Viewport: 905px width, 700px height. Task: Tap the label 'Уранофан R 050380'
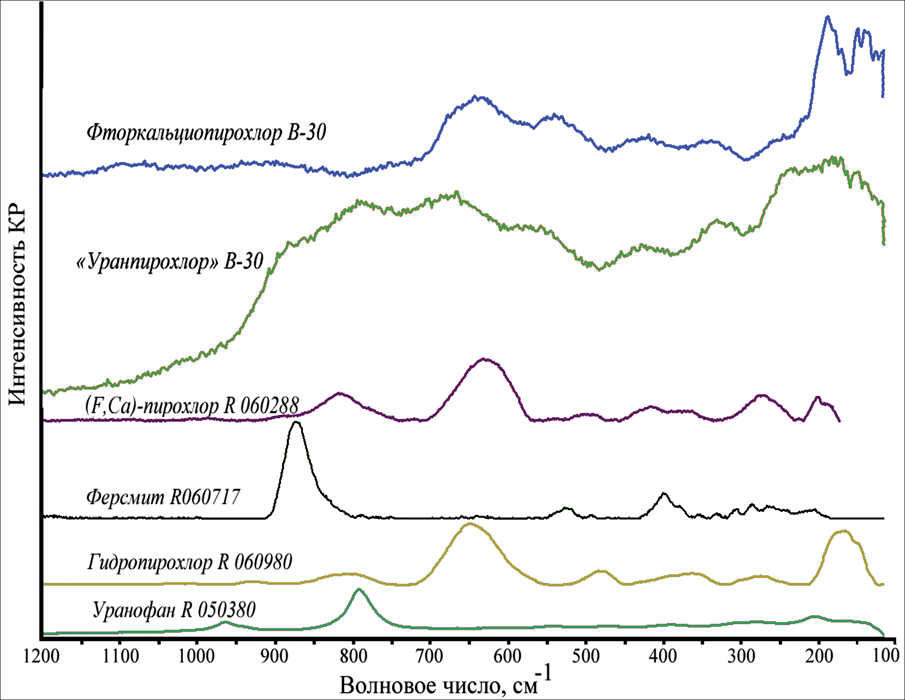[174, 610]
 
